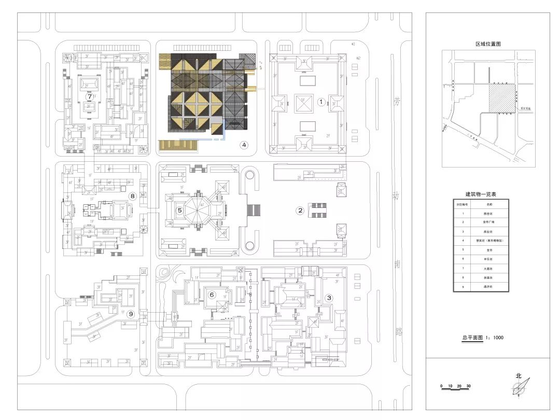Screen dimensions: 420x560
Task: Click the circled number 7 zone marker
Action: click(90, 96)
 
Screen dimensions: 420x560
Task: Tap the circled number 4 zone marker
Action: click(244, 145)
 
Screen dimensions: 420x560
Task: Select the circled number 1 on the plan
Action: click(321, 102)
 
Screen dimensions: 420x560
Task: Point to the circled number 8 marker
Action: click(133, 196)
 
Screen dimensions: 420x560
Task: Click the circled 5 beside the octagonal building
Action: click(179, 211)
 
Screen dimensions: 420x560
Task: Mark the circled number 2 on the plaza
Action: click(300, 211)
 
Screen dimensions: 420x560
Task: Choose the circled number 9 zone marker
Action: click(131, 314)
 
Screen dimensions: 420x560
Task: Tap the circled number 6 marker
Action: click(212, 295)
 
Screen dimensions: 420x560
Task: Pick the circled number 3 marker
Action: click(328, 298)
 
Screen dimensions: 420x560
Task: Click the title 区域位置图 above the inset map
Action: click(488, 45)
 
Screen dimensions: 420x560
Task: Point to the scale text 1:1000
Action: click(496, 338)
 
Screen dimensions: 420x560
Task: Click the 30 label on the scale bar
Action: click(468, 386)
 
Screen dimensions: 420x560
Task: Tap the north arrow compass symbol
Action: click(520, 388)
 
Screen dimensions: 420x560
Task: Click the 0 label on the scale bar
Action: click(441, 386)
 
